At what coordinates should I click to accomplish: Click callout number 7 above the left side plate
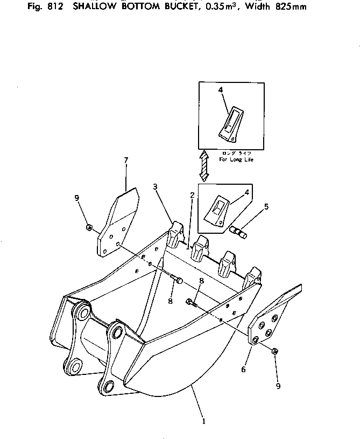click(x=126, y=160)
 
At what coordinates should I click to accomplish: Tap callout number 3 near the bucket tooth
click(x=155, y=186)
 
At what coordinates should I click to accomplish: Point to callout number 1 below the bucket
click(x=203, y=421)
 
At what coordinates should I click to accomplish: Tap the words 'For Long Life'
click(x=236, y=159)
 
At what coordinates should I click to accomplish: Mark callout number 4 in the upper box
click(x=221, y=91)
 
